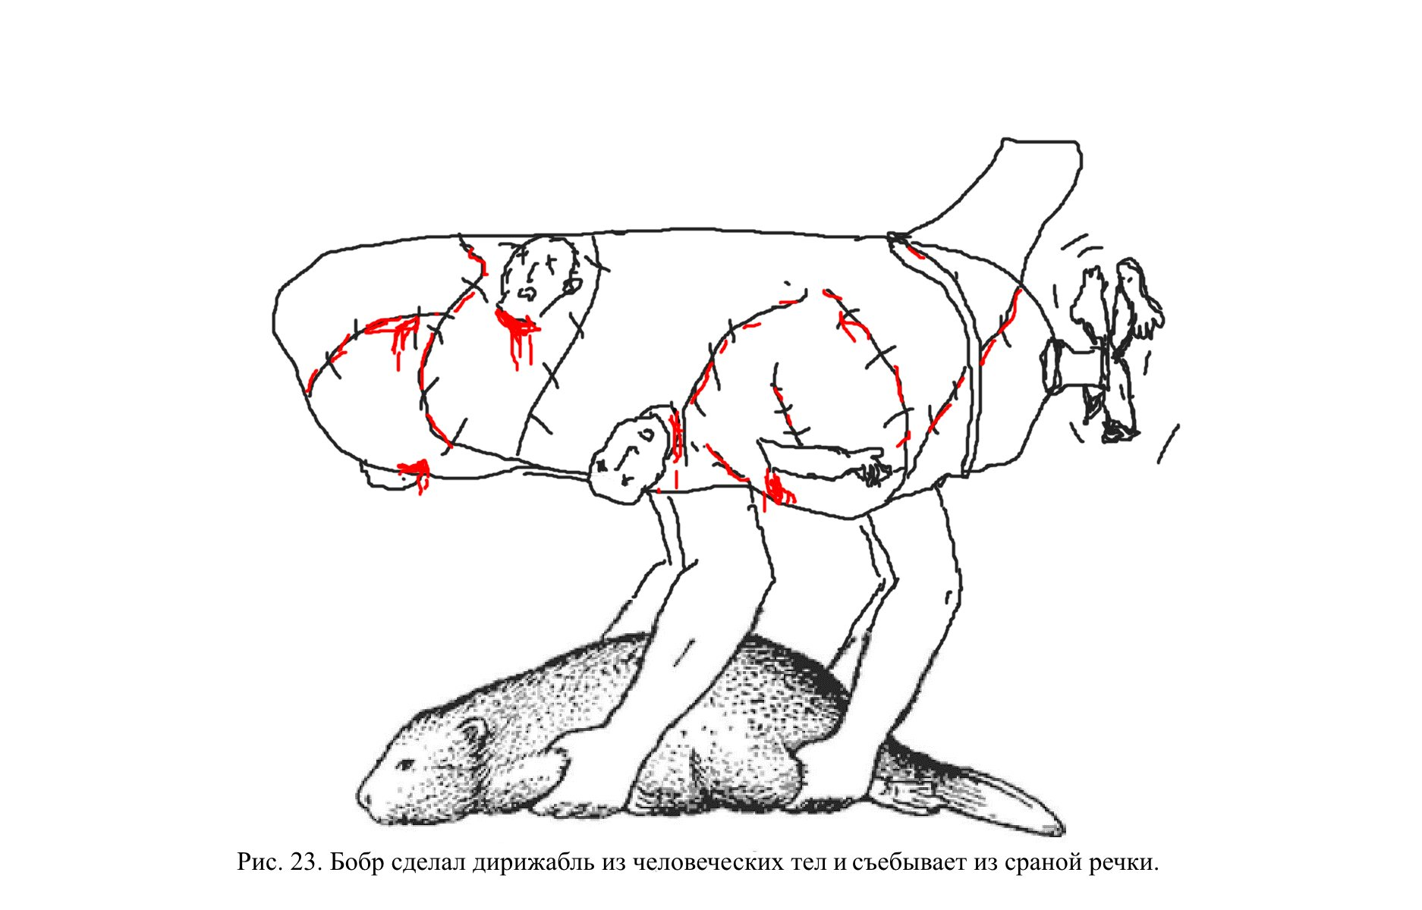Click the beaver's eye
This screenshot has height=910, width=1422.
coord(407,763)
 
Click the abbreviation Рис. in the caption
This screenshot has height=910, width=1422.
coord(260,863)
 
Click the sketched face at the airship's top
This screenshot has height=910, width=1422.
coord(540,277)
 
